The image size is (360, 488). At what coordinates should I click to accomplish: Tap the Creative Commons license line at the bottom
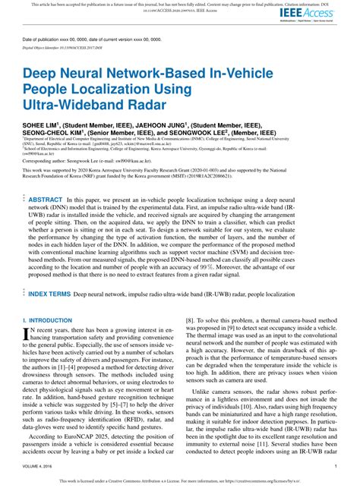pos(180,480)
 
